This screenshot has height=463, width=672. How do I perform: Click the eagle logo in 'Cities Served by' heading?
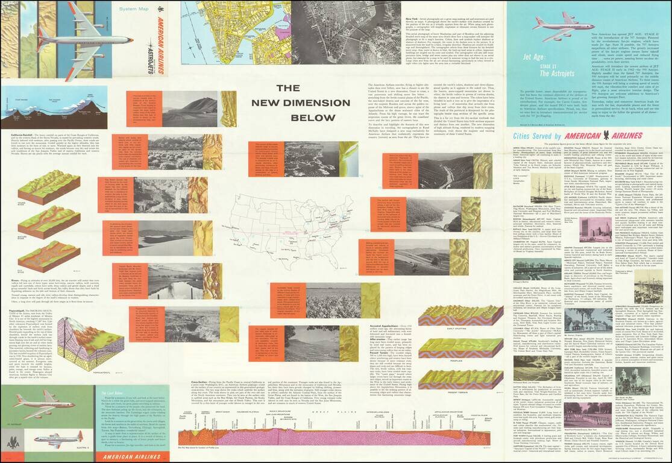click(614, 135)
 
